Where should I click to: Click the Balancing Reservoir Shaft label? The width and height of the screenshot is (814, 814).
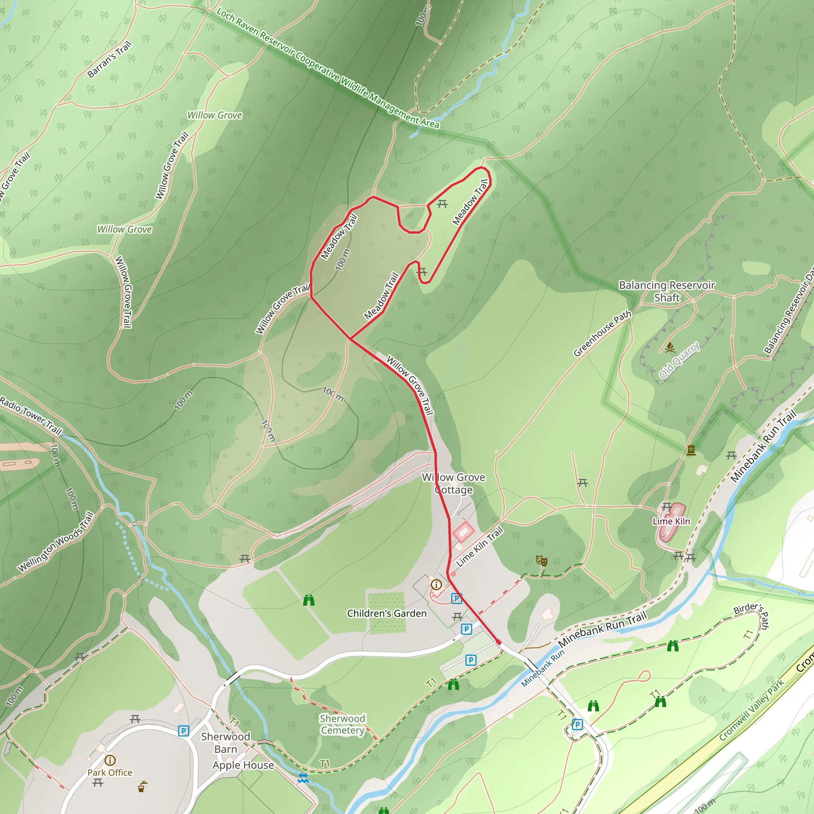click(667, 291)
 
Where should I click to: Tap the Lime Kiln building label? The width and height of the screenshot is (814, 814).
click(671, 521)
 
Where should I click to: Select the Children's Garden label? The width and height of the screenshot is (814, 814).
click(386, 613)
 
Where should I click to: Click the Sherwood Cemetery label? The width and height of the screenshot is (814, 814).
click(342, 724)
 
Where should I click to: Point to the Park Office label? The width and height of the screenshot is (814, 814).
click(110, 772)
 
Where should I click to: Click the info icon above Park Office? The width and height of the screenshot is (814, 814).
click(110, 760)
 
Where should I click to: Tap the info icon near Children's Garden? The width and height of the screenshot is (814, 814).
click(436, 584)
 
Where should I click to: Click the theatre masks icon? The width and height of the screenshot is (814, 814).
click(541, 560)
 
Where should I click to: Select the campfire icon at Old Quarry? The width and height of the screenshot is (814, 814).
click(669, 348)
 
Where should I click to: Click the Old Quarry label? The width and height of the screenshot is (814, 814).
click(679, 360)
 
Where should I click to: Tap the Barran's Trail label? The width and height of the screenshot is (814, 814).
click(110, 59)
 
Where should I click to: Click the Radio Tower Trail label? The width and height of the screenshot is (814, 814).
click(30, 415)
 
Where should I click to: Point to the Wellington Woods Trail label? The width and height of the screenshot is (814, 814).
click(56, 541)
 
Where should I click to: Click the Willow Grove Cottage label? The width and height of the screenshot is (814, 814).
click(454, 483)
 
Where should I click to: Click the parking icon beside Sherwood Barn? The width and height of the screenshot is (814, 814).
click(183, 731)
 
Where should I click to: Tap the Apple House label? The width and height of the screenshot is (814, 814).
click(243, 765)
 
